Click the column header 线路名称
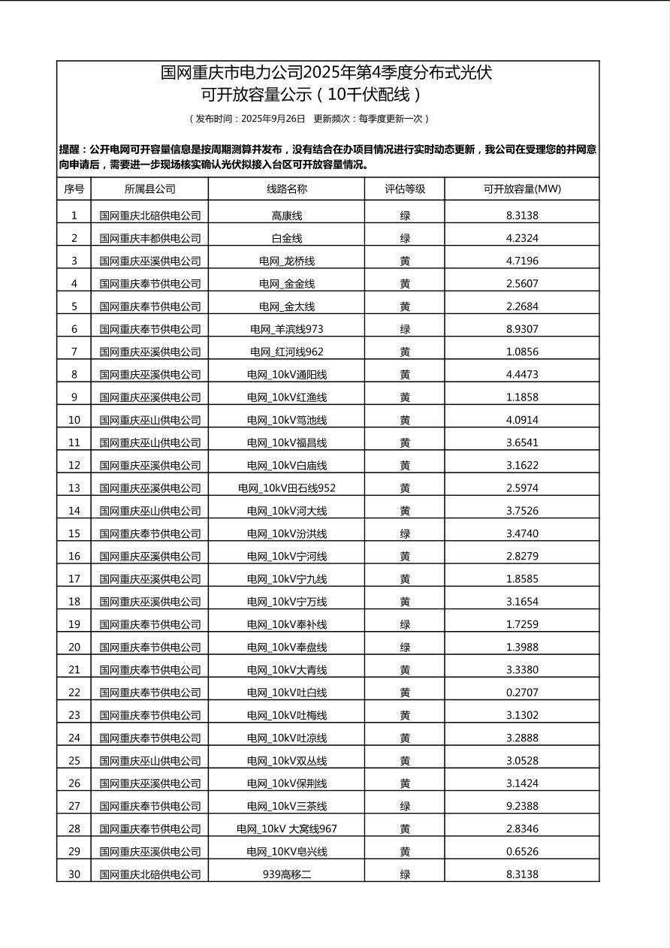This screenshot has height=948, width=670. (x=286, y=189)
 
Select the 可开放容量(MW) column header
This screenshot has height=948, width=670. (x=522, y=189)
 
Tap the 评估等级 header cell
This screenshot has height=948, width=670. (x=405, y=189)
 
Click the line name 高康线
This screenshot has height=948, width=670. (x=286, y=216)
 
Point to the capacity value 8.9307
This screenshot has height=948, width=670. (x=522, y=329)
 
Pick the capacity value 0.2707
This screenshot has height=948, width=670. (x=522, y=693)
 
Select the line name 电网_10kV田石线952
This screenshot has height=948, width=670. (x=286, y=488)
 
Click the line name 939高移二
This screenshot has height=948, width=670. (x=286, y=874)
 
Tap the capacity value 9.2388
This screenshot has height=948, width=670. (x=522, y=806)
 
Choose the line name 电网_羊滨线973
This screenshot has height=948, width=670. (x=286, y=329)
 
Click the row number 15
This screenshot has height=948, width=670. (x=74, y=534)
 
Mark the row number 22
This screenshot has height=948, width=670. (x=74, y=693)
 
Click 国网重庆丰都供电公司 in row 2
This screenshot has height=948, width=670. (x=150, y=238)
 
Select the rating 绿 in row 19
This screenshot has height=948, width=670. (x=405, y=624)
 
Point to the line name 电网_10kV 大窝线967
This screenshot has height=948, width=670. (x=286, y=829)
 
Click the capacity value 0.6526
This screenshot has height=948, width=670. (x=522, y=852)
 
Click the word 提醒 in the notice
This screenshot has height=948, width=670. (x=69, y=149)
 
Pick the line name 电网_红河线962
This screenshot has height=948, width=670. (x=286, y=352)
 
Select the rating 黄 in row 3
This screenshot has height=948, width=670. (x=405, y=261)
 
